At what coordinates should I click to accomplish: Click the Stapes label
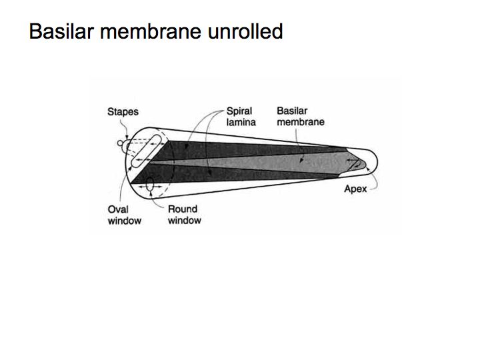[123, 112]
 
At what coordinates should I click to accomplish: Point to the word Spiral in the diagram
[238, 111]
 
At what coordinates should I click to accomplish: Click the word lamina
[239, 122]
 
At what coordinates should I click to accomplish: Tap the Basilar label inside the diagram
[291, 111]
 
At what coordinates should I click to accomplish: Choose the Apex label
[355, 189]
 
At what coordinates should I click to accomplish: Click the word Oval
[118, 209]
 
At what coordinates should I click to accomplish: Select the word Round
[182, 209]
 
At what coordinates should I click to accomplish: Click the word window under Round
[184, 220]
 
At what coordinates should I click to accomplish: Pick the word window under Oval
[124, 220]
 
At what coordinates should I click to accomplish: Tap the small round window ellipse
[149, 183]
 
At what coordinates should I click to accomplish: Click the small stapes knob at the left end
[121, 143]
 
